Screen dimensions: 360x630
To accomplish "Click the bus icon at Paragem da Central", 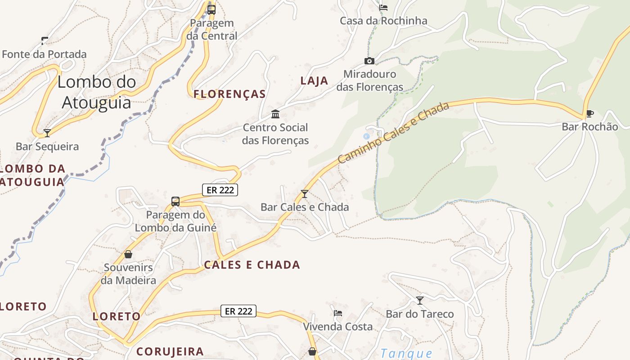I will tap(211, 9).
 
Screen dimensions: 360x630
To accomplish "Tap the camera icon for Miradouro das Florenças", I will tap(369, 61).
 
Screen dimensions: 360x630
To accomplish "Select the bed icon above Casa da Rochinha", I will tap(383, 7).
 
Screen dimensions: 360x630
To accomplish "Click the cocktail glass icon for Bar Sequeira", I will tap(47, 133).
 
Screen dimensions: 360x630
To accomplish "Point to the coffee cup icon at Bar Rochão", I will tap(589, 113).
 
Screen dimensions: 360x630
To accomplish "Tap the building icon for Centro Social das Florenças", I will tap(275, 114).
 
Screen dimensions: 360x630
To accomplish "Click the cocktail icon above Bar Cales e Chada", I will tap(305, 194).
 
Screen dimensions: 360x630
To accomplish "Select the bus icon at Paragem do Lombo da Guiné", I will tap(175, 201).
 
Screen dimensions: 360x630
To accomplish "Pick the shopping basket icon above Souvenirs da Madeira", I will tap(128, 254).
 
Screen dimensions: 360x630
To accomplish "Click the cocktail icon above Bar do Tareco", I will tap(420, 300).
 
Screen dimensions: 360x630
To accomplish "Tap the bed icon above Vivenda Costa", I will tap(338, 313).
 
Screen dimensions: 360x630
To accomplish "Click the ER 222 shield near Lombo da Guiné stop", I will tap(220, 190).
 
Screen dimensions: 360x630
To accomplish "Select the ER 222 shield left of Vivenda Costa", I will tap(238, 311).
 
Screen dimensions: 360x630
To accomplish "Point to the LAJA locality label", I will tap(314, 81).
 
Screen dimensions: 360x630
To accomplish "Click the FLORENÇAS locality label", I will tap(229, 94).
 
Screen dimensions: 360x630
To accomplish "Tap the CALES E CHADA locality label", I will tap(252, 265).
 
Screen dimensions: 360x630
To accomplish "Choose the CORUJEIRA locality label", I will tap(170, 351).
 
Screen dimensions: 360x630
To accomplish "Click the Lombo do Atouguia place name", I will tap(97, 92).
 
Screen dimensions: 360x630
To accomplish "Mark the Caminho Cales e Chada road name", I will tap(393, 133).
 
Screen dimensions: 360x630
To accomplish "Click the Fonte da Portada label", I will tap(44, 54).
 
